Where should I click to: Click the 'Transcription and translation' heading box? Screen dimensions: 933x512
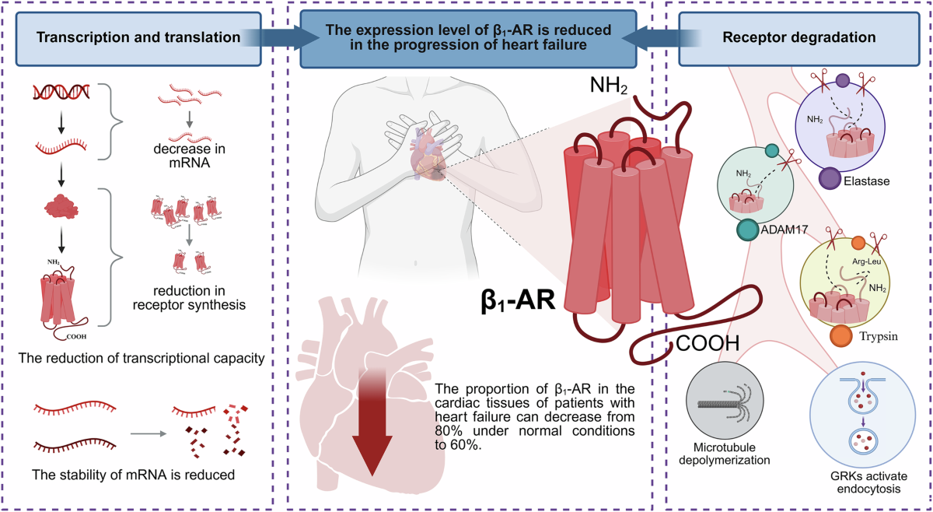138,39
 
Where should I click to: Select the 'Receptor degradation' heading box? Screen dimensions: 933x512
799,39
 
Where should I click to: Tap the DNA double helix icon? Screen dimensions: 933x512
61,92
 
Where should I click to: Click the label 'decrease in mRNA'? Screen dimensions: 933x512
190,156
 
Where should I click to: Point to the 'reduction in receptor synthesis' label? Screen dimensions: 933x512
189,298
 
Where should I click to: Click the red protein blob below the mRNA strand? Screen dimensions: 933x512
61,206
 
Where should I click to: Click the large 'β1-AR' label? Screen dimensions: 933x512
518,300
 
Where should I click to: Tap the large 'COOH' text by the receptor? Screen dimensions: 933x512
708,343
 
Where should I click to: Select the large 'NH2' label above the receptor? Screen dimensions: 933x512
609,86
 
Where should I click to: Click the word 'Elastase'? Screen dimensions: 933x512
866,181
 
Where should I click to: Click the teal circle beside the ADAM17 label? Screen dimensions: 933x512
747,230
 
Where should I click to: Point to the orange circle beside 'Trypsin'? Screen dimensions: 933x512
841,336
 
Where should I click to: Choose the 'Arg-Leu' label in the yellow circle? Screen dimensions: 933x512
866,261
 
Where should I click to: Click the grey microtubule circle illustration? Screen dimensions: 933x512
725,400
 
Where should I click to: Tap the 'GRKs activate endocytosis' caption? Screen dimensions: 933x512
868,482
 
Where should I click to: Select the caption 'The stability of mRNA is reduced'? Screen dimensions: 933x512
133,475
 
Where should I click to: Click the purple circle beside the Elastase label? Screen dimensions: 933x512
830,178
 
